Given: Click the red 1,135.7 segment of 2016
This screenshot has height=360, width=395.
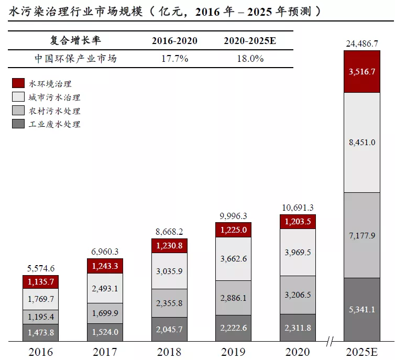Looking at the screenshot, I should tap(40, 282).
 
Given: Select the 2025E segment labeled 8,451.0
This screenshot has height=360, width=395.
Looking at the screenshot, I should tap(361, 142).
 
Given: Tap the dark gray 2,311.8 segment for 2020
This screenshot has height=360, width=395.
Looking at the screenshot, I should tap(297, 328).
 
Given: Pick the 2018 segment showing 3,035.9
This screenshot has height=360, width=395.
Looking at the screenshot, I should tap(169, 271).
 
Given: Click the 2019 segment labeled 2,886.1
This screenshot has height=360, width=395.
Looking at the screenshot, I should tap(233, 298).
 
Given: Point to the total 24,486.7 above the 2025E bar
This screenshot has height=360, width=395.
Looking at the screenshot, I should tap(361, 44).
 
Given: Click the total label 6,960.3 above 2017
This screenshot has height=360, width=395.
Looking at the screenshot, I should tap(105, 252).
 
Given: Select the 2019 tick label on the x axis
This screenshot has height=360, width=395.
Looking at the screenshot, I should tap(233, 351).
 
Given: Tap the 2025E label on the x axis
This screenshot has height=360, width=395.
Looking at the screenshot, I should tap(361, 351).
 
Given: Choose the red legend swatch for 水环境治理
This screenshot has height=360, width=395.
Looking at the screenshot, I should tap(18, 83).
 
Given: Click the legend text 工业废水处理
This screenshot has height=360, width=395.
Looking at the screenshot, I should tap(55, 124).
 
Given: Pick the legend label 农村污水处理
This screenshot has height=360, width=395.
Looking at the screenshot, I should tap(55, 111).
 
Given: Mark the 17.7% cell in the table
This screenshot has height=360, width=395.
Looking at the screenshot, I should tap(174, 59).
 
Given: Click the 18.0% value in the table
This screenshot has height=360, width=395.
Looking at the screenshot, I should tap(250, 59).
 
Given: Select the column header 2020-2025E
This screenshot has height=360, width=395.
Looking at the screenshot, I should tap(250, 41).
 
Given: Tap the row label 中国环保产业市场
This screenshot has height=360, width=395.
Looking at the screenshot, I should tap(75, 59).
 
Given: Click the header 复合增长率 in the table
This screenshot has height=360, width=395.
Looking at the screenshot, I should tap(75, 41).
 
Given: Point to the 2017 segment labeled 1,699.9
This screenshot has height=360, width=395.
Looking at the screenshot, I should tap(105, 313).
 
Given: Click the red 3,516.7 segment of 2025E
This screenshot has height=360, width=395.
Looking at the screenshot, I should tap(361, 72).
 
